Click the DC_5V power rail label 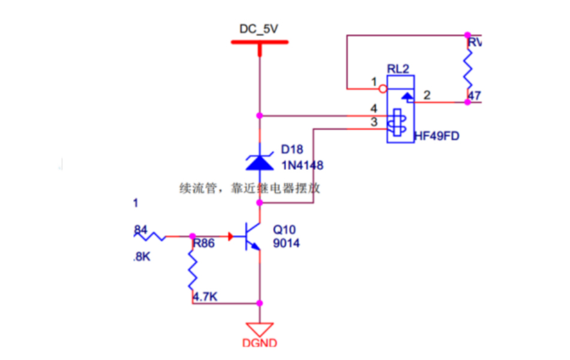coord(260,29)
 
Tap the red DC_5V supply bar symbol coord(260,42)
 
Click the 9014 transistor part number coord(286,244)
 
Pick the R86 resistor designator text coord(204,244)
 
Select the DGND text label coord(260,344)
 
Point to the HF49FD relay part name coord(436,136)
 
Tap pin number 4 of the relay coord(373,109)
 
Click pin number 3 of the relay coord(373,122)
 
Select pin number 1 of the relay coord(373,81)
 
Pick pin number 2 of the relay coord(427,95)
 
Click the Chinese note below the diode coord(250,188)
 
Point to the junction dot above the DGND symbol coord(260,303)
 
